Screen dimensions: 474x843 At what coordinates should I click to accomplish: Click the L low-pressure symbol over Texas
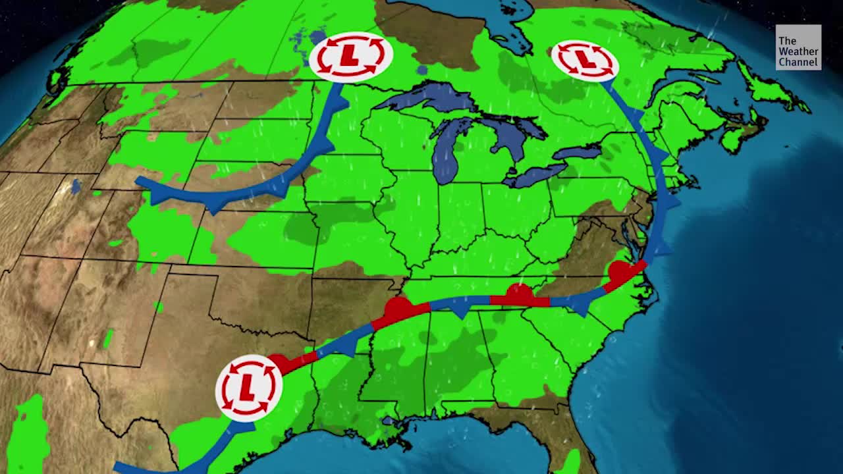click(248, 388)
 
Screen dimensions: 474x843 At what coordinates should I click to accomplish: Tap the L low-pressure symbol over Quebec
click(584, 60)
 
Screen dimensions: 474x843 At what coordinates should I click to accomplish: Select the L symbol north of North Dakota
click(350, 56)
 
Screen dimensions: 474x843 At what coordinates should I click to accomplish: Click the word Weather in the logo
click(798, 51)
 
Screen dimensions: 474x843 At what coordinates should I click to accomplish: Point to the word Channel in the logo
click(798, 62)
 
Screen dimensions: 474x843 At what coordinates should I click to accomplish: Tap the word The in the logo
click(787, 41)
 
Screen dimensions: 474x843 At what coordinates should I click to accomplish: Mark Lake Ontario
click(577, 152)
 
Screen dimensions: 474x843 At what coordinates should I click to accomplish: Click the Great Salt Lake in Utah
click(75, 187)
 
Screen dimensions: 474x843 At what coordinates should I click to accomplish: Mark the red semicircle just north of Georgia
click(520, 291)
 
